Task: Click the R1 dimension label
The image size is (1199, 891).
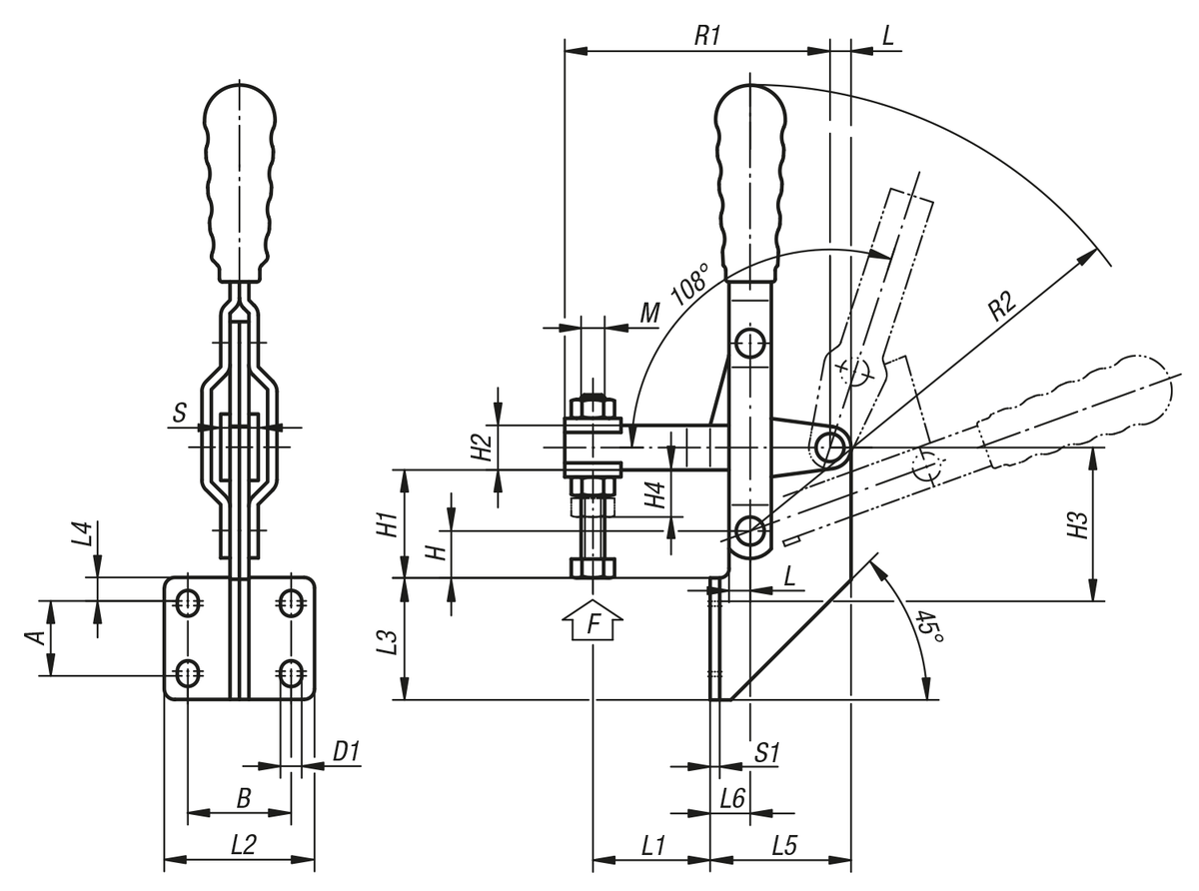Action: (x=707, y=35)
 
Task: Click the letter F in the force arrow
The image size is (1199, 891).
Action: (x=595, y=625)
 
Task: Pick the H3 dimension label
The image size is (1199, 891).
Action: (x=1077, y=524)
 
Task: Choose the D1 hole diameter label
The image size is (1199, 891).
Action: (x=346, y=751)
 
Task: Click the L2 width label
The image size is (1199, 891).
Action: (x=244, y=844)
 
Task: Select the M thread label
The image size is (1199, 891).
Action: (x=649, y=314)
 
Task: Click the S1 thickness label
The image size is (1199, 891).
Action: (x=766, y=752)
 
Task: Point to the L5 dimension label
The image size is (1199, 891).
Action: (x=784, y=845)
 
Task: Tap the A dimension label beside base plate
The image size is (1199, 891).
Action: (x=34, y=637)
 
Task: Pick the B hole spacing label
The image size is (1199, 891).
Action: (x=242, y=797)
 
